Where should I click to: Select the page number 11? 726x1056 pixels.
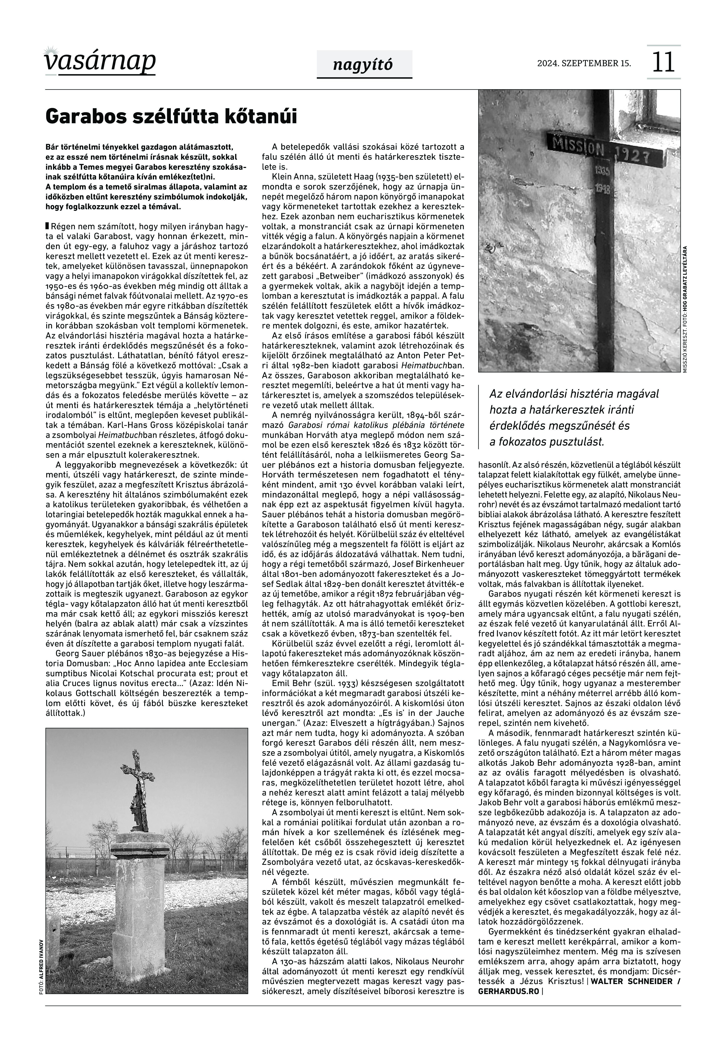[x=663, y=62]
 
